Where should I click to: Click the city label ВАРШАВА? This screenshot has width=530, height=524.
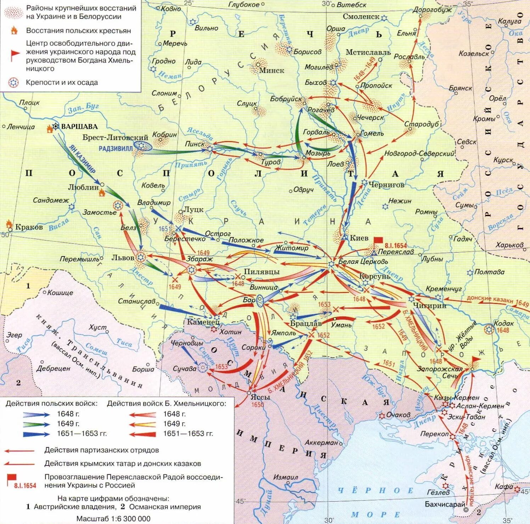[x=79, y=126]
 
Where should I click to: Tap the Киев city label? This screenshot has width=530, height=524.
[x=359, y=238]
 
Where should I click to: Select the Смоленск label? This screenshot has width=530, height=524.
[x=361, y=17]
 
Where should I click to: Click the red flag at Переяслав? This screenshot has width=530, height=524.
[x=378, y=241]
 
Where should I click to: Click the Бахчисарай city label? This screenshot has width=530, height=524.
[x=445, y=504]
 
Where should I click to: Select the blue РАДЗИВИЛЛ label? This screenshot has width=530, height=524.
[x=115, y=148]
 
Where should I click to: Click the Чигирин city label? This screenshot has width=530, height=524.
[x=429, y=305]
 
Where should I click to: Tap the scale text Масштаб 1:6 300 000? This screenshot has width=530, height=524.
[x=113, y=519]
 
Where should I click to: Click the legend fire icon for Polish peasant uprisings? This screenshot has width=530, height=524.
[x=14, y=30]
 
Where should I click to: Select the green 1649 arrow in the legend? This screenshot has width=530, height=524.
[x=36, y=424]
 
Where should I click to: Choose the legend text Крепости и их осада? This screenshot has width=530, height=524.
[x=62, y=83]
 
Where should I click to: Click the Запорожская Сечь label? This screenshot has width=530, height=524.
[x=439, y=372]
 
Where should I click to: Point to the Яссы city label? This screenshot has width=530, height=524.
[x=260, y=397]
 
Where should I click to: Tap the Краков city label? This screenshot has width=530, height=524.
[x=29, y=227]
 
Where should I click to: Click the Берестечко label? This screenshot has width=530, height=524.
[x=185, y=239]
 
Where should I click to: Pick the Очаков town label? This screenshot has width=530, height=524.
[x=398, y=415]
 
